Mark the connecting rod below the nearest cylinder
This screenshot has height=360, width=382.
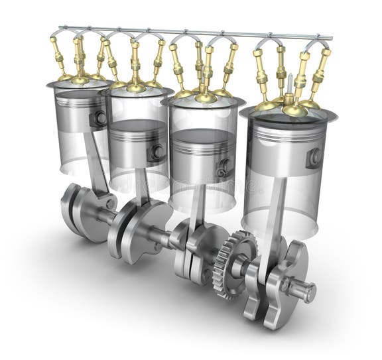pyautogui.click(x=275, y=219)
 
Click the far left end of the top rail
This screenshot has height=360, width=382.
pyautogui.click(x=60, y=28)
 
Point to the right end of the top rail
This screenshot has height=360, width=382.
pyautogui.click(x=330, y=37)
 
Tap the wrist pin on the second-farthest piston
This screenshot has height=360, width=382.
pyautogui.click(x=158, y=152)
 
